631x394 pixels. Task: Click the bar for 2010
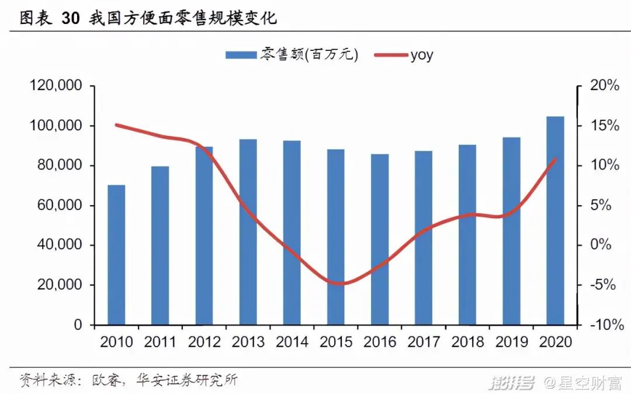pos(116,255)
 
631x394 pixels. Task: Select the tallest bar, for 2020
pos(555,220)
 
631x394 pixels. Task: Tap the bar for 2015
pos(335,237)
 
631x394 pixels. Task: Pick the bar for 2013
pos(248,231)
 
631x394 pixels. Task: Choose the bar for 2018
pos(467,234)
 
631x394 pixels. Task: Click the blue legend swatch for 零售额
pos(241,55)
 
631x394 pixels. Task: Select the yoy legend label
pos(421,55)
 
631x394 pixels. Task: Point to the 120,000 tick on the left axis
pos(56,86)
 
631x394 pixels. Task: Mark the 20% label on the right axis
pos(604,86)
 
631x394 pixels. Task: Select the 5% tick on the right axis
pos(608,206)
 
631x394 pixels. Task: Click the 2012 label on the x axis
pos(204,342)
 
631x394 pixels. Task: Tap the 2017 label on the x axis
pos(424,342)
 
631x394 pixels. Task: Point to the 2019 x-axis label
pos(511,342)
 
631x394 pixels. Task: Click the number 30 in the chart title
pos(71,19)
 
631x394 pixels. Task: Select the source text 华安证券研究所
pos(187,380)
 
